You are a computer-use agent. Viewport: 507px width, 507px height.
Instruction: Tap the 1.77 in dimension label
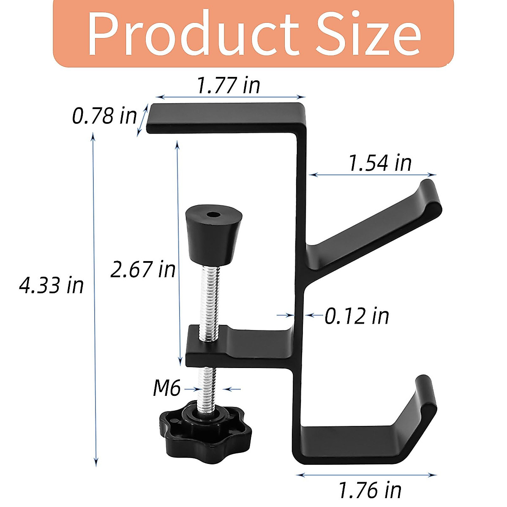(229, 85)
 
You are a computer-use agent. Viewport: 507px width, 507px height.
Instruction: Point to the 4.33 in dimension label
(52, 285)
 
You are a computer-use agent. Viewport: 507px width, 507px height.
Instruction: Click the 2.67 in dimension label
(143, 269)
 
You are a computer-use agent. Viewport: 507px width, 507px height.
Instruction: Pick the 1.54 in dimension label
(379, 163)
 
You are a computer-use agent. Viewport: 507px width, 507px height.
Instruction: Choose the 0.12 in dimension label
(357, 316)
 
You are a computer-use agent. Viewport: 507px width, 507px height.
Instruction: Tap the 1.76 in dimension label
(370, 490)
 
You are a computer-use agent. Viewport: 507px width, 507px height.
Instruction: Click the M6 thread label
(166, 388)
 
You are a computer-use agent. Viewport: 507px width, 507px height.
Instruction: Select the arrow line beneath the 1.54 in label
(372, 174)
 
